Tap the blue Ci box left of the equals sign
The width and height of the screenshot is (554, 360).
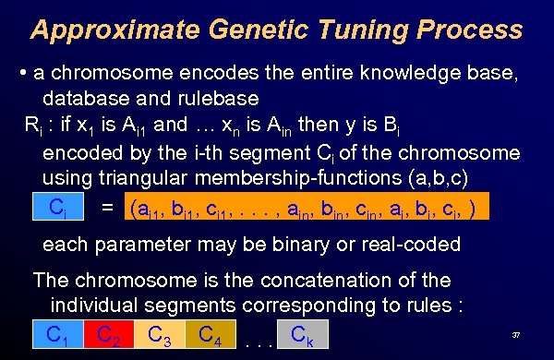[58, 207]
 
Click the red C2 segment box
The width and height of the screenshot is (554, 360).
[108, 335]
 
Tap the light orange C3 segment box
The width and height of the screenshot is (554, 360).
[159, 335]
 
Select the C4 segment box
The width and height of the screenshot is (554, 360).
[211, 333]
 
